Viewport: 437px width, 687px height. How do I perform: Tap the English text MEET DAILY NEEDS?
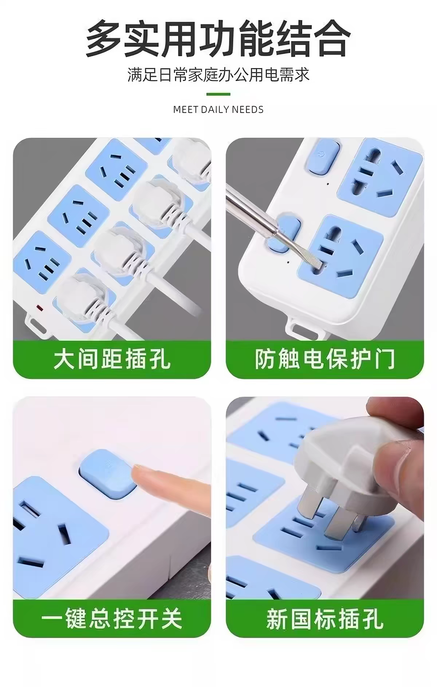tap(219, 109)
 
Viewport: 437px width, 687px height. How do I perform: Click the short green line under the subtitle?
tap(219, 94)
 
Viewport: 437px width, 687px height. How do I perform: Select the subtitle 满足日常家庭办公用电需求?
tap(219, 75)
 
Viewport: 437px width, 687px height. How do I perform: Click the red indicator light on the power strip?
tap(40, 309)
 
